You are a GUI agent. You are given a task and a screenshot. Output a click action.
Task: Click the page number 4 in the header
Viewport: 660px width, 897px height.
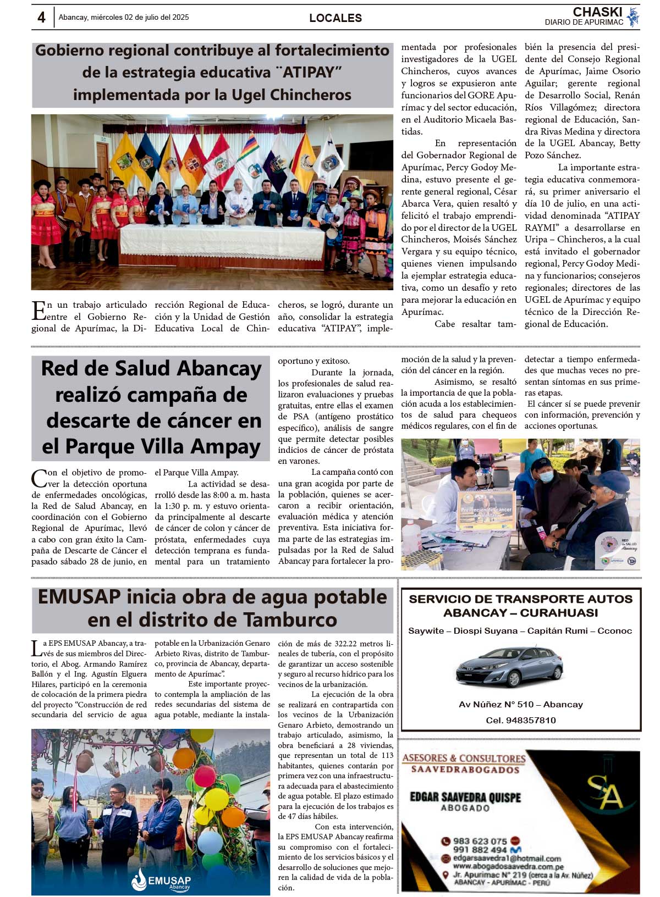coord(41,18)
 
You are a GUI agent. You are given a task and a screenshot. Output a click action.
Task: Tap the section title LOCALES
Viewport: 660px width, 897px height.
coord(335,18)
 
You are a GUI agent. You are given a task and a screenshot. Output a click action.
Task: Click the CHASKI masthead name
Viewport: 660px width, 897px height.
coord(597,12)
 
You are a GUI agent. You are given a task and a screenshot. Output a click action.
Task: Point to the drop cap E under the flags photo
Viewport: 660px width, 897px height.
coord(38,311)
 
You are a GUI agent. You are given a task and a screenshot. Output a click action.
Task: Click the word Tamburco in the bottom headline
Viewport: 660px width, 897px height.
coord(290,620)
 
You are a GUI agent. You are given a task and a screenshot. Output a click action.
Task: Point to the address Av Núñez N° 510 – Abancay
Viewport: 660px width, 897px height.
coord(521,704)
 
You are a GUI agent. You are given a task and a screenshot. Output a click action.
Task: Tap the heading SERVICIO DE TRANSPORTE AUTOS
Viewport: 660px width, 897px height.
coord(521,599)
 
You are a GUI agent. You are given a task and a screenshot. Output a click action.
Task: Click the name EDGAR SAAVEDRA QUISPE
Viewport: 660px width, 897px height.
coord(465,797)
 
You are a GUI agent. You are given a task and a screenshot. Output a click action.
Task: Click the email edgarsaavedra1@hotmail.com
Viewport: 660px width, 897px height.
coord(507,859)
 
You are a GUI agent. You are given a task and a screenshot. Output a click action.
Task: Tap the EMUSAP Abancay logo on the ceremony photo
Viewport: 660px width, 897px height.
coord(160,881)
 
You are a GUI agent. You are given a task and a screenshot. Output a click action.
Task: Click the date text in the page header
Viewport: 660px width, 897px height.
coord(124,18)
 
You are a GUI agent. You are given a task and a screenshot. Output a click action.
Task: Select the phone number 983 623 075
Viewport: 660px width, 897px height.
coord(480,841)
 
